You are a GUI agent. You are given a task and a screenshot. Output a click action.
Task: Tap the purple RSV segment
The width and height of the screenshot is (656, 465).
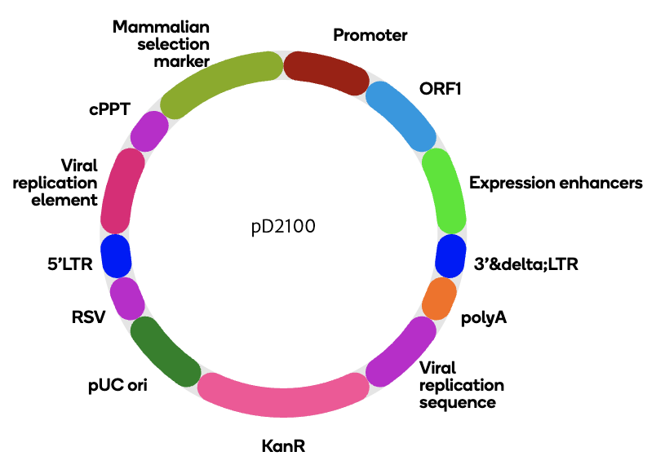click(x=127, y=298)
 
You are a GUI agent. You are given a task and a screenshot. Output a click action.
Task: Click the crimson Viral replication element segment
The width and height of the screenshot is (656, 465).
click(x=122, y=191)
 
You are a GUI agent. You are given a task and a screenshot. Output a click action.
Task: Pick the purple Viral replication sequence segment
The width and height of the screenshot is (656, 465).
click(x=401, y=352)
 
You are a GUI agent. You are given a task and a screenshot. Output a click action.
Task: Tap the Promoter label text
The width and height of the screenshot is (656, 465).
click(x=370, y=35)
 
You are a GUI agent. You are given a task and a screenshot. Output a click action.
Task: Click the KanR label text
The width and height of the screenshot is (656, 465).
click(x=285, y=446)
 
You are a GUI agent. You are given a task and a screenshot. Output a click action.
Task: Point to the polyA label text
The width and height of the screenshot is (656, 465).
click(x=485, y=317)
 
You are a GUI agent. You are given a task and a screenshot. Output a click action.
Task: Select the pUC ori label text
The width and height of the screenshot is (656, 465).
click(x=124, y=383)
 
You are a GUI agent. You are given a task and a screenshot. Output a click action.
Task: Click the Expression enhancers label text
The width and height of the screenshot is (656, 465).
click(x=556, y=183)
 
